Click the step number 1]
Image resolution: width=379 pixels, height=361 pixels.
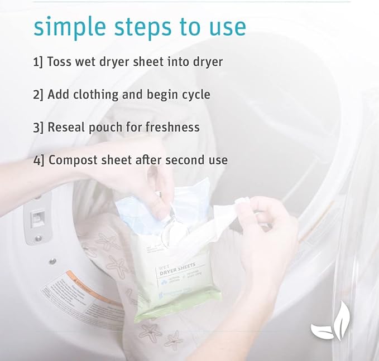38,61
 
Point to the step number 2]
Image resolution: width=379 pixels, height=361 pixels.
38,94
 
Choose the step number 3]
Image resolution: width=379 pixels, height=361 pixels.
38,127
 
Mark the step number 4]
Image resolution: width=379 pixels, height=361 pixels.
38,160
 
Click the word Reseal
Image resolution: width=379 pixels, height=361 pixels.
66,127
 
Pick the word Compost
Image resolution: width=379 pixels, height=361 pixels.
72,160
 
